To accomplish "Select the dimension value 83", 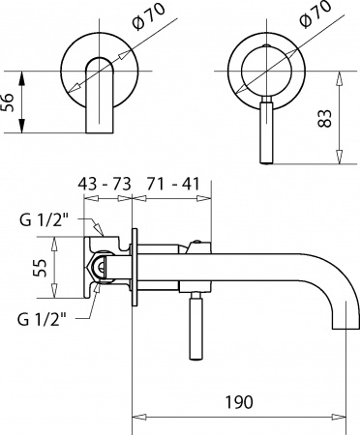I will coord(326,119).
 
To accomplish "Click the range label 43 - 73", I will coord(105,183).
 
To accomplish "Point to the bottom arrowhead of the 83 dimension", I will coord(340,162).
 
